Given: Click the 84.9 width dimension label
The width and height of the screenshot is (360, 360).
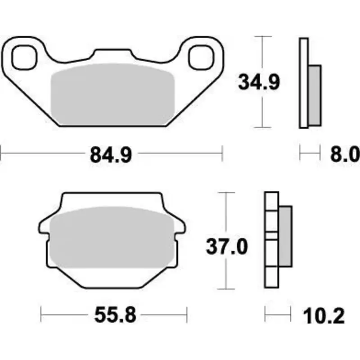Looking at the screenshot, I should point(111,155).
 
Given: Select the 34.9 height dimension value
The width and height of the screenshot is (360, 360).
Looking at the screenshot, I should point(259,82).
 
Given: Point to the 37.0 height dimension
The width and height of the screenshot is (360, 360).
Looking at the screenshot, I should point(227,247).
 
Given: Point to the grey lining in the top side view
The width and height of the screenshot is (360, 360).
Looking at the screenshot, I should point(315,94).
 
